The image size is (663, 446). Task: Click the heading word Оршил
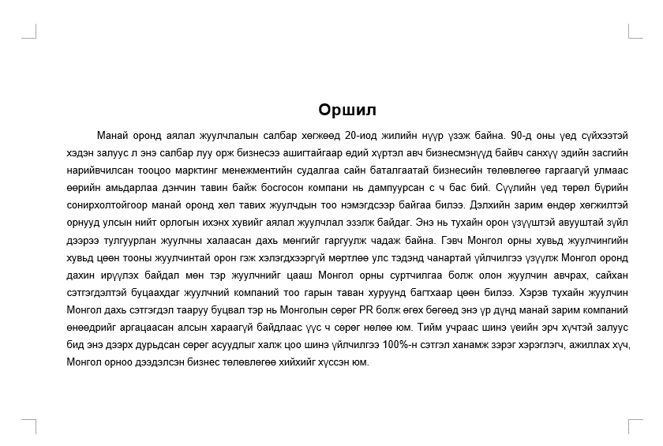[x=347, y=110]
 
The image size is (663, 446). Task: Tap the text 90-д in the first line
[x=523, y=135]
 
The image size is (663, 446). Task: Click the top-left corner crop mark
[x=32, y=32]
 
